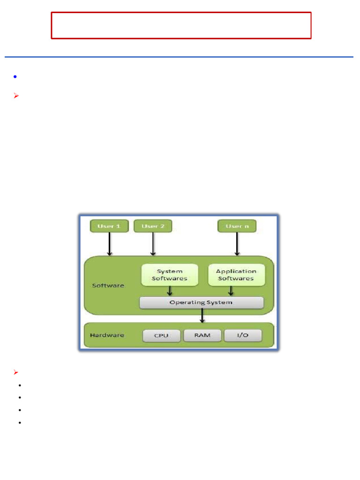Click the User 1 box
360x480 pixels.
click(109, 226)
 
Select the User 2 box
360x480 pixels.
click(153, 226)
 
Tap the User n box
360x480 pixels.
click(237, 226)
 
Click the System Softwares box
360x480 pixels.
click(169, 275)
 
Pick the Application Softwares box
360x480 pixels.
click(236, 275)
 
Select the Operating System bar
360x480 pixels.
click(201, 302)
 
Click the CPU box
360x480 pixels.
click(161, 336)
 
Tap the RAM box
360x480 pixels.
click(202, 336)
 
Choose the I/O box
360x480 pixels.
click(242, 336)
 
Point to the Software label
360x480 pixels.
click(108, 285)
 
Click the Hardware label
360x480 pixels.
click(107, 335)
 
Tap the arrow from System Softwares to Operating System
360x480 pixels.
click(169, 291)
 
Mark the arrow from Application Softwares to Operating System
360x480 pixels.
click(230, 291)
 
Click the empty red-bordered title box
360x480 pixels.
click(181, 25)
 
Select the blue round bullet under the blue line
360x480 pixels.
click(15, 76)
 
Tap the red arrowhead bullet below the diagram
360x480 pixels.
click(15, 372)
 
